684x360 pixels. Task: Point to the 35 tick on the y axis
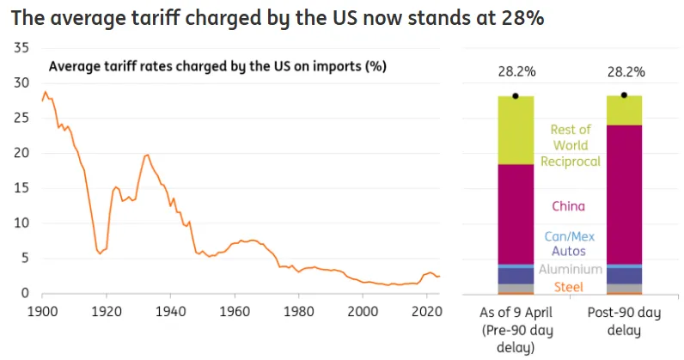(x=22, y=47)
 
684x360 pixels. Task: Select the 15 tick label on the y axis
(x=22, y=188)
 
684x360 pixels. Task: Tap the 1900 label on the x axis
(x=41, y=311)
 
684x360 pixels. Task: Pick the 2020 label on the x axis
(x=427, y=311)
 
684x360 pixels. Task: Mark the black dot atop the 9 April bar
(x=515, y=95)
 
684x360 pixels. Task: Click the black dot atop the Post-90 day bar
(x=624, y=95)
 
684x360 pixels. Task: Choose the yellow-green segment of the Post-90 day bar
(x=624, y=110)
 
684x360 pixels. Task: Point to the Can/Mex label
(x=570, y=236)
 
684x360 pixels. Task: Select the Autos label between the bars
(x=570, y=252)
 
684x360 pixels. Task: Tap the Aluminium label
(x=570, y=270)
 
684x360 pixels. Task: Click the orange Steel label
(x=570, y=286)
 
